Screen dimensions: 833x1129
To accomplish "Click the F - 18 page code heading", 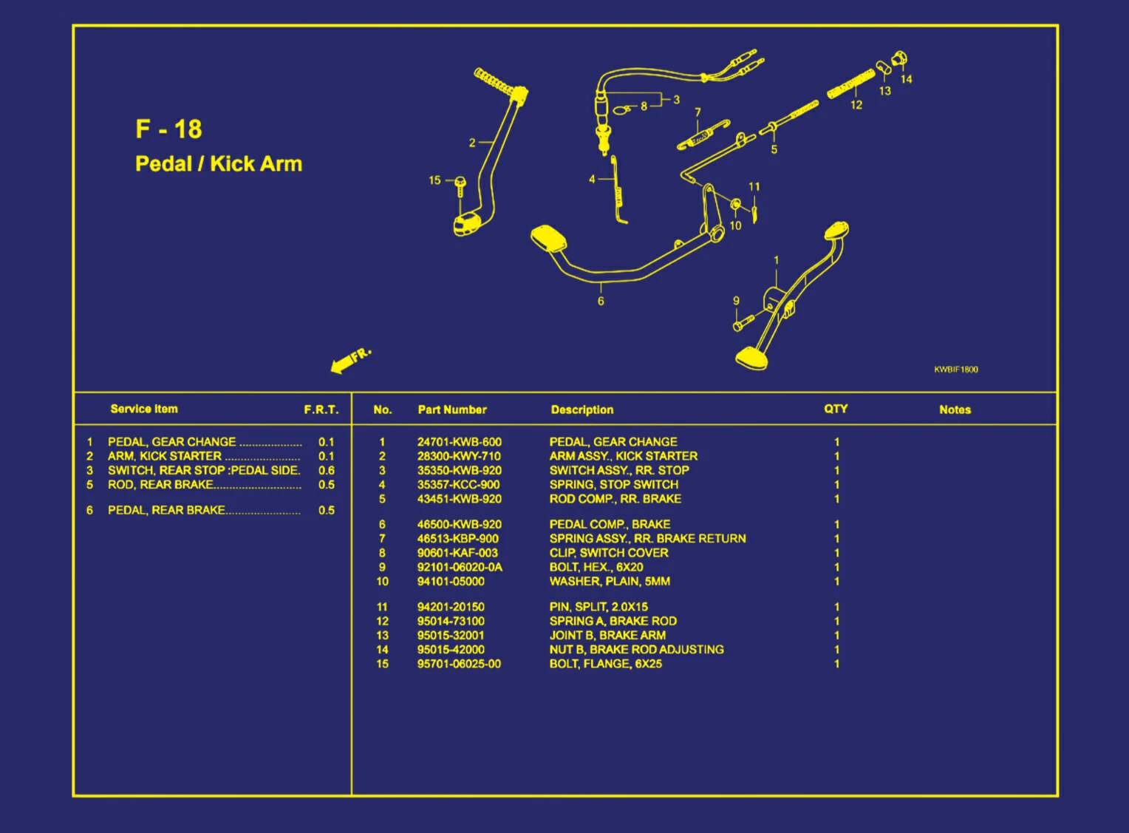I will pos(168,129).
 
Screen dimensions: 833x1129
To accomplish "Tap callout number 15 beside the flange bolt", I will pos(434,180).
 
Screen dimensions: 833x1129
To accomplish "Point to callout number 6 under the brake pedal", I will pos(601,301).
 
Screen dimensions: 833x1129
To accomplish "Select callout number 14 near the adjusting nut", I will pos(907,79).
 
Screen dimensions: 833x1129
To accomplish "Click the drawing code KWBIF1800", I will pos(955,370).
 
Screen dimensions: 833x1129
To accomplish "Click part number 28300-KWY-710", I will pos(459,456).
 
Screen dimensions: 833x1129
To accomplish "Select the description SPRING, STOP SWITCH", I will pos(613,485).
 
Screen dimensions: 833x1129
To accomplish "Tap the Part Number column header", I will pos(452,409).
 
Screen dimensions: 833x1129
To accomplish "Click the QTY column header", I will pos(836,409).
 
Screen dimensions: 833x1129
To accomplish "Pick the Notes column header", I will pos(955,409).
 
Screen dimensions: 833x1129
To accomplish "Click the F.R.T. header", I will pos(321,409).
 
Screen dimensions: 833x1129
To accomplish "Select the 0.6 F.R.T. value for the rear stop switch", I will pos(326,470).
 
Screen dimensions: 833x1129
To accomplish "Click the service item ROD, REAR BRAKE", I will pos(160,485).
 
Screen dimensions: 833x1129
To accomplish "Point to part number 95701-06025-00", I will pos(459,664).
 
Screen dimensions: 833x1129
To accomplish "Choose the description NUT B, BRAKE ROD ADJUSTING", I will pos(636,650).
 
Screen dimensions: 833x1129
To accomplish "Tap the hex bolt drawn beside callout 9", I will pos(743,323).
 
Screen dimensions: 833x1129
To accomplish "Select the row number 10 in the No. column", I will pos(382,582).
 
